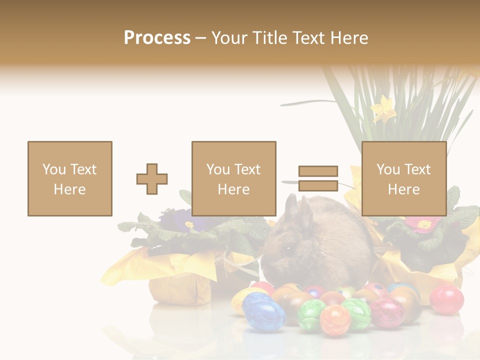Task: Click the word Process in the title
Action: (157, 38)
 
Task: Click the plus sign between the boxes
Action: (152, 179)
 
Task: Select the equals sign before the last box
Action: (318, 178)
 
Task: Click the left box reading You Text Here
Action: (70, 178)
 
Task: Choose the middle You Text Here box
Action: (234, 178)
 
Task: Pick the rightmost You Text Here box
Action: (404, 178)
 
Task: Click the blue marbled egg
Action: (263, 311)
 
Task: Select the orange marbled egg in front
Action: (335, 319)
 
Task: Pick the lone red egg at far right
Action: (446, 299)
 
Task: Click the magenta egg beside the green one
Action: (386, 312)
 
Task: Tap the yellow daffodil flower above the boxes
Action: (383, 108)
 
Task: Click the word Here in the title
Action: (349, 38)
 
